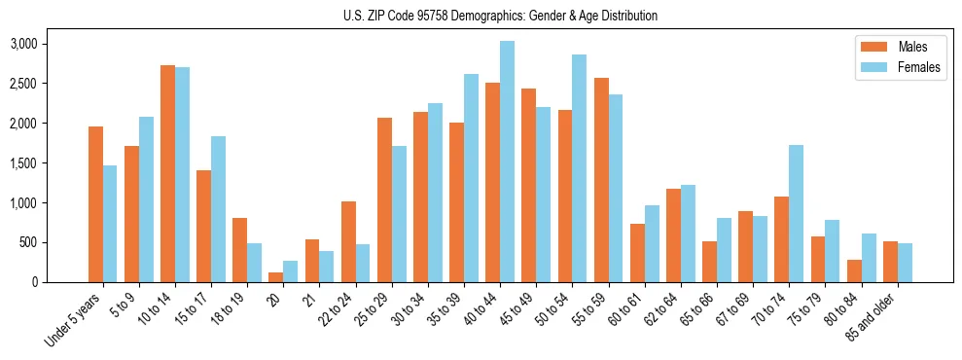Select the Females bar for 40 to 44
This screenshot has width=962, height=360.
(x=507, y=162)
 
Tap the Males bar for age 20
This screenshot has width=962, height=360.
(x=276, y=277)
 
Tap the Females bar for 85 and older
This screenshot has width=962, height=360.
(x=904, y=263)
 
